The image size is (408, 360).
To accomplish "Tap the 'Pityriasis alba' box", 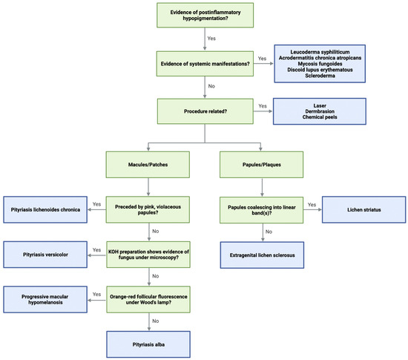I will tap(144, 344).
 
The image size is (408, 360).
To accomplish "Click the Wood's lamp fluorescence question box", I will tap(144, 299).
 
